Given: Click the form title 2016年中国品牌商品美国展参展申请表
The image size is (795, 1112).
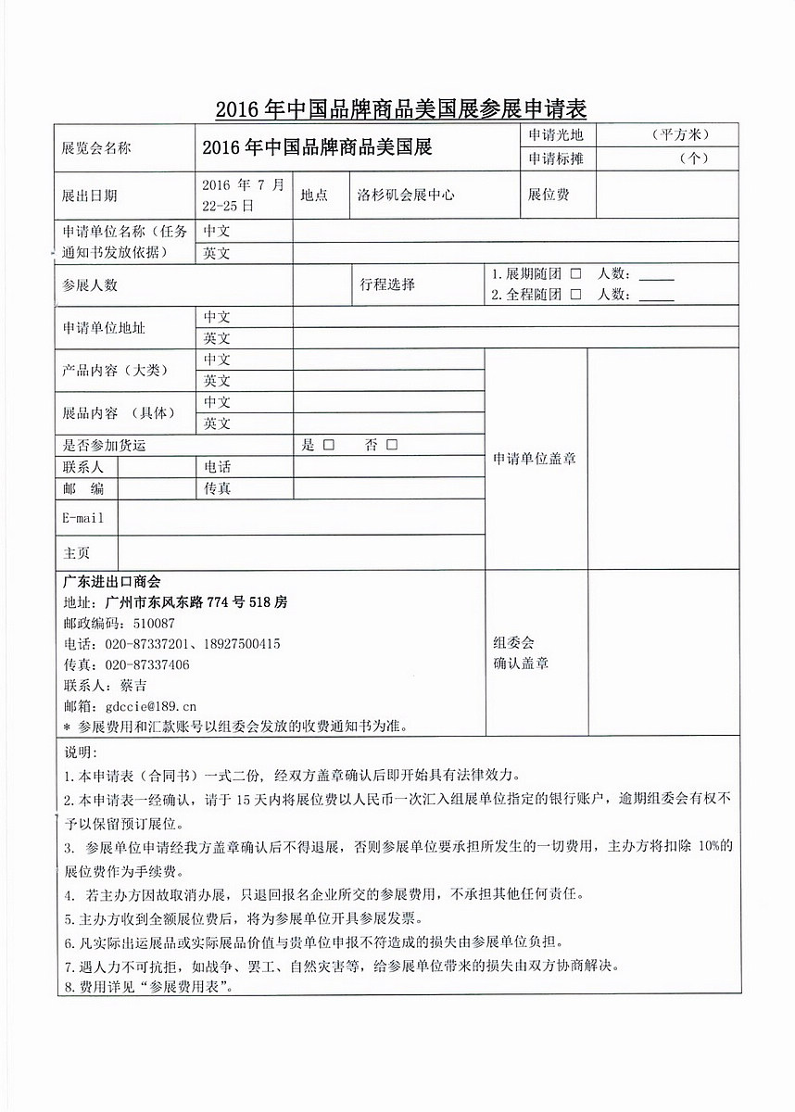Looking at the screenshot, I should [x=401, y=109].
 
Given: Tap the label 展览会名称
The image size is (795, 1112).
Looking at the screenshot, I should [x=96, y=148].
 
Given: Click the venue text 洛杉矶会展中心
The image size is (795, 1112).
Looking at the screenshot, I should [x=406, y=196].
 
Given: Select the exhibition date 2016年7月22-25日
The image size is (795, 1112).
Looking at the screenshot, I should [x=244, y=195].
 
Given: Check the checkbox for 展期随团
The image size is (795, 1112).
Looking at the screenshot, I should [x=575, y=274].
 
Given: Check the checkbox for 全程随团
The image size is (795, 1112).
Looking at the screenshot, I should [x=575, y=294].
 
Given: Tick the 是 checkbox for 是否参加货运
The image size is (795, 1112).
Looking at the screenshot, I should [x=328, y=445].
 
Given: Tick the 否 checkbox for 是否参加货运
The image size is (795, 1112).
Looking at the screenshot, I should [x=392, y=445].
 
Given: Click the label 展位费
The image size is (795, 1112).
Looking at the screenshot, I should [x=549, y=196].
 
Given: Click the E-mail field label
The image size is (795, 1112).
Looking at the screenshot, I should [x=82, y=517].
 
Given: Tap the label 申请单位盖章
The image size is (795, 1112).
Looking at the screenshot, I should [x=535, y=459].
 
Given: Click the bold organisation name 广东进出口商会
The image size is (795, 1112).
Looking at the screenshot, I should [x=111, y=582].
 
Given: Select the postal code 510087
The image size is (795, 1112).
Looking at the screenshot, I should [x=155, y=623].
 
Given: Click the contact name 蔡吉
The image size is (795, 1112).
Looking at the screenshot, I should [x=133, y=686].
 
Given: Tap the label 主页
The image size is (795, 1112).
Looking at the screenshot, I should [x=76, y=552].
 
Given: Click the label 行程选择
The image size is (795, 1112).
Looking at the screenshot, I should [x=387, y=284].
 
